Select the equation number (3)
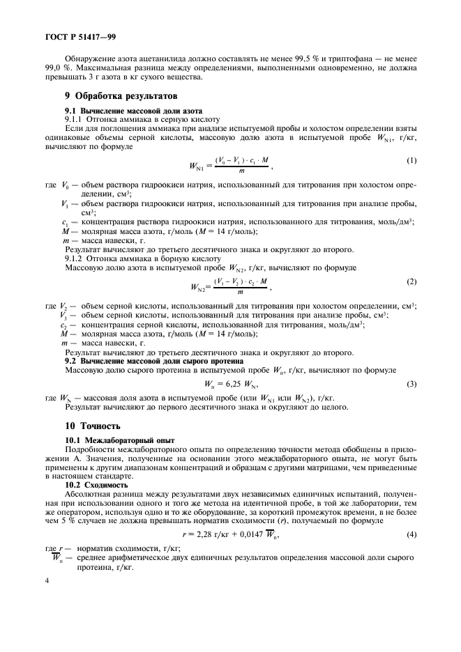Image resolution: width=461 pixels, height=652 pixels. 411,384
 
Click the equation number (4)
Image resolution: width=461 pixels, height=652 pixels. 411,534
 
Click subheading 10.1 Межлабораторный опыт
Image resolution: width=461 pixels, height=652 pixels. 120,440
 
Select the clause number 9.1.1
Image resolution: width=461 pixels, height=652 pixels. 75,119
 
